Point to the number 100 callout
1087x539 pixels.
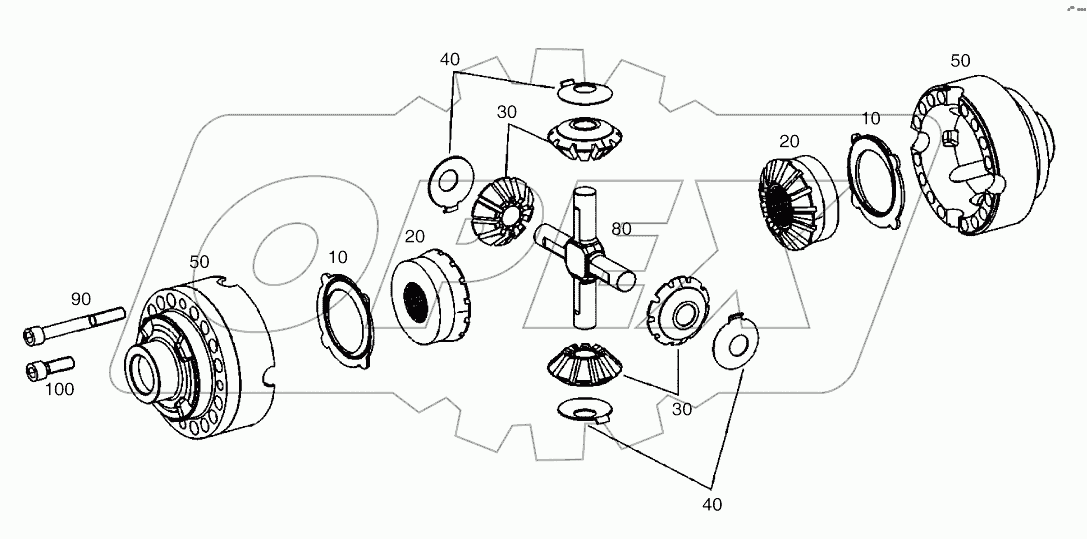[x=59, y=389]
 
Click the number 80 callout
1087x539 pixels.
[x=621, y=229]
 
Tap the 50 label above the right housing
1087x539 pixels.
[x=959, y=61]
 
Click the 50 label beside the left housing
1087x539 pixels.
[x=199, y=261]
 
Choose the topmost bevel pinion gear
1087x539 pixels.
[x=580, y=136]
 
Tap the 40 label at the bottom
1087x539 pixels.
[x=711, y=504]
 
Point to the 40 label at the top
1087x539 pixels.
[x=449, y=60]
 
